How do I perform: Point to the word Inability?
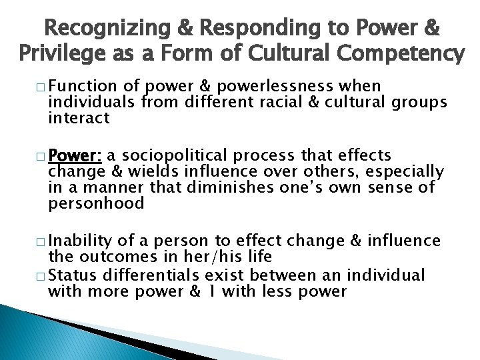(75, 240)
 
